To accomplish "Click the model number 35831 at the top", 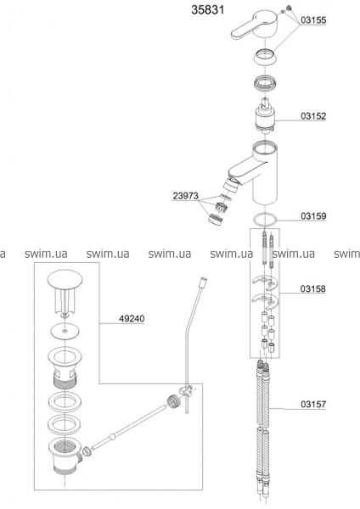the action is point(208,9).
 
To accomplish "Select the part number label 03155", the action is point(313,20).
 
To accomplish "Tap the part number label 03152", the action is point(313,116).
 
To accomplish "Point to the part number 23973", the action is point(186,196).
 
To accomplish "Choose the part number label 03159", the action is point(313,215).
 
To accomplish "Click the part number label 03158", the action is point(312,288).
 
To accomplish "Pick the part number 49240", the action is point(132,319).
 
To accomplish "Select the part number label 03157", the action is point(313,404).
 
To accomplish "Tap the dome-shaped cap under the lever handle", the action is point(263,57).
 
